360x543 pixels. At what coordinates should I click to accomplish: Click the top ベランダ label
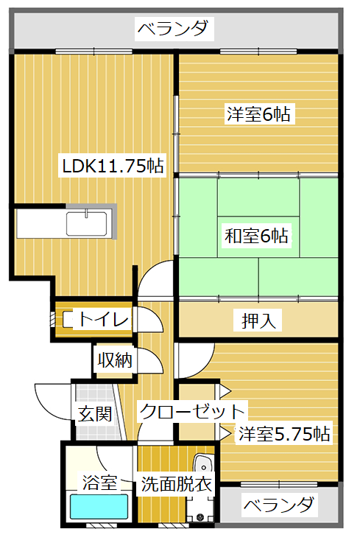[174, 29]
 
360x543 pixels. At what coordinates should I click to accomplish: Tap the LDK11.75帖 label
[113, 166]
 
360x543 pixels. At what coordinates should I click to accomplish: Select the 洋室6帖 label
[258, 113]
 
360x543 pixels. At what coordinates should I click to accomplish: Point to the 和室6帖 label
[256, 236]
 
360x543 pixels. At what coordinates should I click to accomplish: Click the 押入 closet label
[258, 320]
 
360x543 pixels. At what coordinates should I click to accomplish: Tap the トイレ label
[104, 318]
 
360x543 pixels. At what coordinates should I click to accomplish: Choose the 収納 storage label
[115, 360]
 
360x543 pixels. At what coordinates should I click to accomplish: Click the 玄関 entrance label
[94, 414]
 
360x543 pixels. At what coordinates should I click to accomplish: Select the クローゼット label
[192, 411]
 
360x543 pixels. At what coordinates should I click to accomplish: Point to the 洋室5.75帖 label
[284, 433]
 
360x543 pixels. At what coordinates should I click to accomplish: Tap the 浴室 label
[99, 483]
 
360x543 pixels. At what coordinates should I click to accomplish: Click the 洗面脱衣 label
[176, 484]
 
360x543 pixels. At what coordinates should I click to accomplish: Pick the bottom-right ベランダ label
[279, 505]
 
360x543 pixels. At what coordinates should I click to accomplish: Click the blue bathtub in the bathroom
[99, 506]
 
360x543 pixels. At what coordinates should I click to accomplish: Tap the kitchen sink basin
[87, 224]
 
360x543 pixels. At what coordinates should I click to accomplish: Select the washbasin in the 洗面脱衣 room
[203, 463]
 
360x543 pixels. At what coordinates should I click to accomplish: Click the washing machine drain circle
[200, 517]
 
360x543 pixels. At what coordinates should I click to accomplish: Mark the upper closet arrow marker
[225, 392]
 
